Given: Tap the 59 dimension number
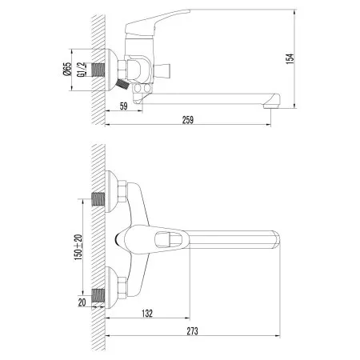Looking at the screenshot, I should point(124,105).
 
